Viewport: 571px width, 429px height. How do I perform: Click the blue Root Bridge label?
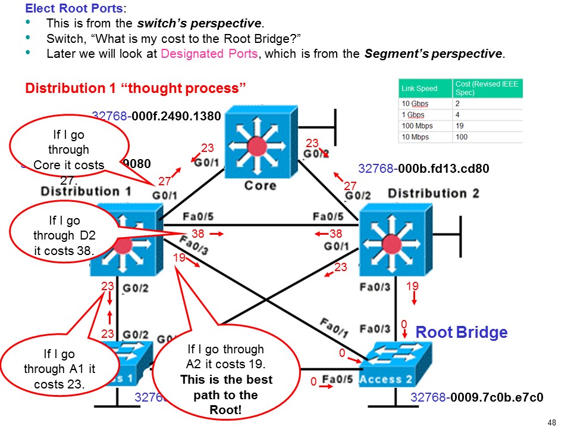pyautogui.click(x=461, y=332)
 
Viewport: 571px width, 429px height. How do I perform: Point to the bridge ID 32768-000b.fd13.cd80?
pyautogui.click(x=423, y=169)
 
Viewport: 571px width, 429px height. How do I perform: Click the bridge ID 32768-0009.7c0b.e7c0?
pyautogui.click(x=477, y=397)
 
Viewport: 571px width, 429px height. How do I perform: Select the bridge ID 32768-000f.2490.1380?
pyautogui.click(x=156, y=116)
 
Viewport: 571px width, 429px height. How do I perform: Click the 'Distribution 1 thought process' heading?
pyautogui.click(x=136, y=89)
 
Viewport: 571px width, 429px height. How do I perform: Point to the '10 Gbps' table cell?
pyautogui.click(x=416, y=103)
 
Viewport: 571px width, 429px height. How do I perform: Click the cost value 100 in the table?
pyautogui.click(x=462, y=136)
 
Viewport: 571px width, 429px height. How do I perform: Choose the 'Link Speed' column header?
pyautogui.click(x=419, y=88)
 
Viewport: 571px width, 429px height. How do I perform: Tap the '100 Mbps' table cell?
pyautogui.click(x=418, y=126)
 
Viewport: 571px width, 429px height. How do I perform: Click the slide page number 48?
pyautogui.click(x=551, y=422)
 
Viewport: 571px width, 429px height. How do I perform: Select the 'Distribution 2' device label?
pyautogui.click(x=433, y=193)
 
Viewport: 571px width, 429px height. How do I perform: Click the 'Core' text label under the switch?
pyautogui.click(x=260, y=185)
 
